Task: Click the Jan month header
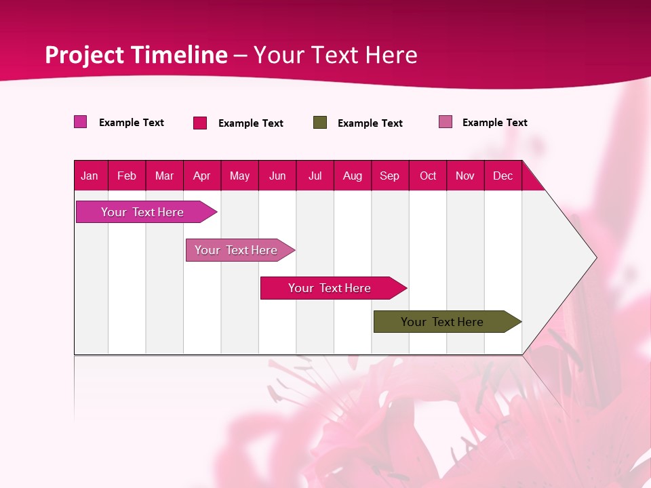coord(90,176)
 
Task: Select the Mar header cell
coord(164,176)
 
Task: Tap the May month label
coord(239,176)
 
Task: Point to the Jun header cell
coord(277,176)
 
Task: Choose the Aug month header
coord(353,176)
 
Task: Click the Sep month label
coord(390,176)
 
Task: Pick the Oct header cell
coord(428,176)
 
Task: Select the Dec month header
coord(503,176)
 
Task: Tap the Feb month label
coord(127,176)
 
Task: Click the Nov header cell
coord(465,176)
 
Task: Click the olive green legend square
coord(320,123)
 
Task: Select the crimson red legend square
coord(200,123)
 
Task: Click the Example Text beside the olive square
coord(370,123)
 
